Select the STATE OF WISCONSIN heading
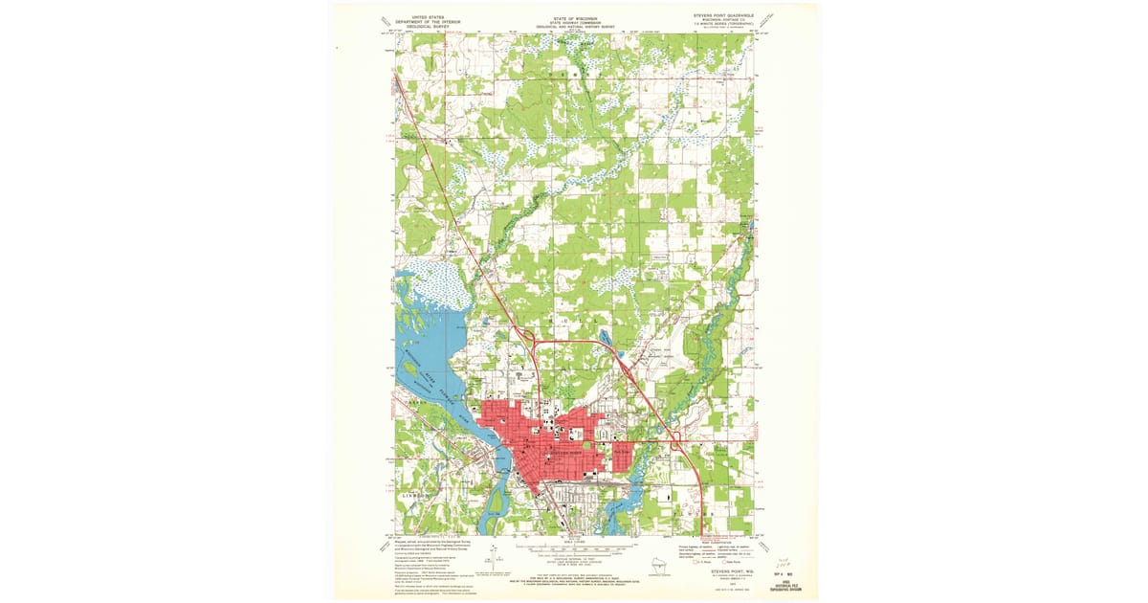pos(574,16)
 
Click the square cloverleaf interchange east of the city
pos(675,440)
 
